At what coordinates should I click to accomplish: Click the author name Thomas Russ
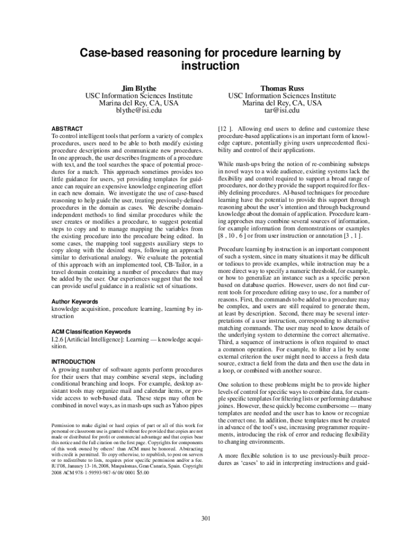click(282, 88)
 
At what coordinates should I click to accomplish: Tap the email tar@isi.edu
click(282, 111)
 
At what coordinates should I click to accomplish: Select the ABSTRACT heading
click(67, 129)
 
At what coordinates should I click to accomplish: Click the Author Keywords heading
click(74, 302)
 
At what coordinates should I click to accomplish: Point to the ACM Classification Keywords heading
click(91, 332)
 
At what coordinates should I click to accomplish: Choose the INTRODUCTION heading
click(73, 362)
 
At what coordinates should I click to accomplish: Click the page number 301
click(206, 517)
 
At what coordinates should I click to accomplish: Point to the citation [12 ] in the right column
click(225, 129)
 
